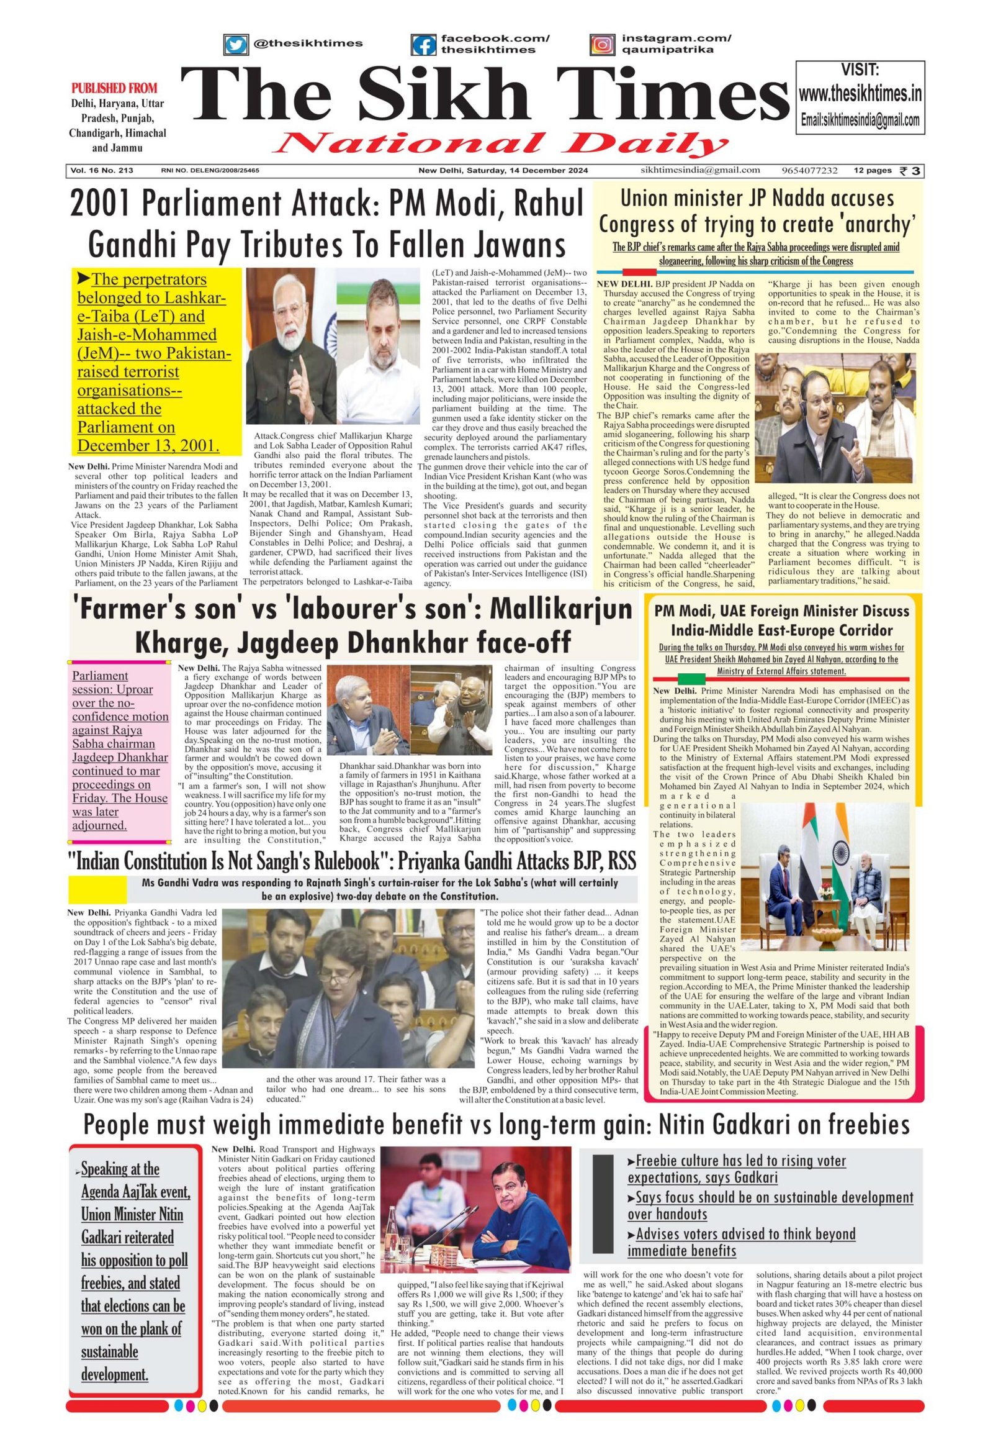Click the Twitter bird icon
pos(235,45)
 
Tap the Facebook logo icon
pos(423,45)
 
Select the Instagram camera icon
pos(602,45)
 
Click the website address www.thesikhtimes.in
pos(860,94)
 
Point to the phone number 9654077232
pos(809,171)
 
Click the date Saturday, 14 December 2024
pos(526,171)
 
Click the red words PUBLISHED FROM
pos(114,88)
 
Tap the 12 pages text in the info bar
pos(873,171)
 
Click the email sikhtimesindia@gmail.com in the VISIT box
pos(860,121)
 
